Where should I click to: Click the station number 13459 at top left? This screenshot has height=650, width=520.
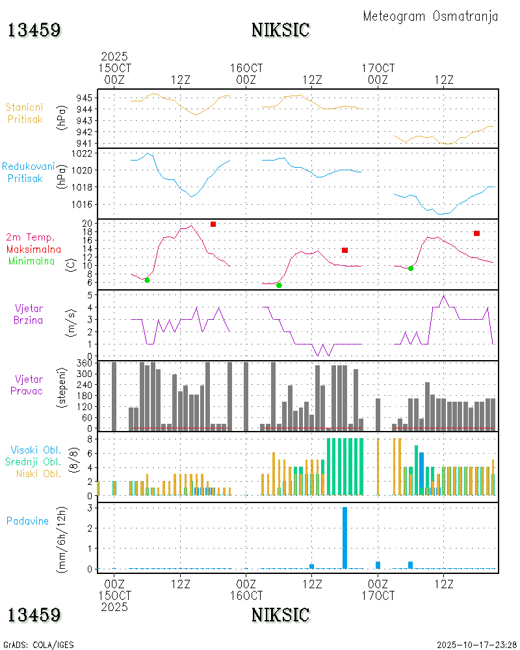34,31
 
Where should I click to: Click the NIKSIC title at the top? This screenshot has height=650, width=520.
280,31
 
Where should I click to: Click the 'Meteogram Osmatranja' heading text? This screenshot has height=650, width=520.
430,17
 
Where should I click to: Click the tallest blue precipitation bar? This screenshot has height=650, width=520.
344,537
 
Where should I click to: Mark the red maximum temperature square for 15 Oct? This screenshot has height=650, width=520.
213,224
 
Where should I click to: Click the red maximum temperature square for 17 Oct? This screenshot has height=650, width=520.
476,233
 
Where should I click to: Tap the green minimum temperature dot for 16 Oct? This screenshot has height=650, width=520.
279,285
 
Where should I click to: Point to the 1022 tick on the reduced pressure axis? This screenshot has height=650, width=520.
86,153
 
